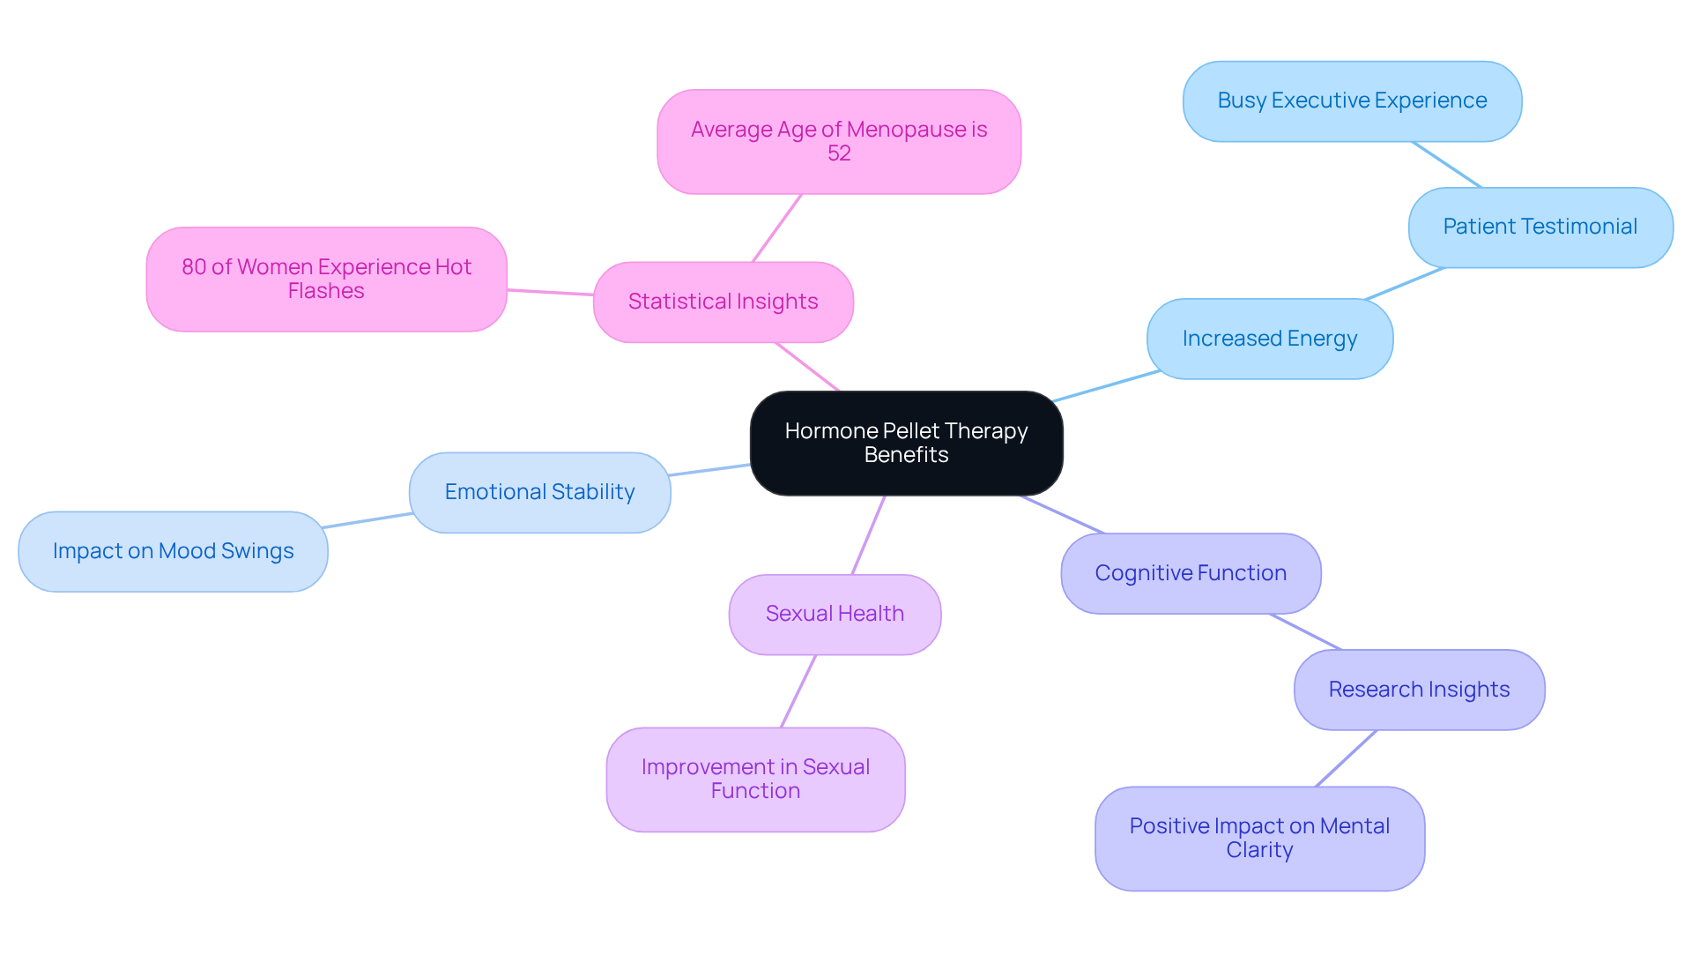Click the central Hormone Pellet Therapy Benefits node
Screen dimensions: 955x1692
(906, 443)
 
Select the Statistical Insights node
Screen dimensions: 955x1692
(723, 302)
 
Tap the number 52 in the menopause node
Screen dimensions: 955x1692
(839, 153)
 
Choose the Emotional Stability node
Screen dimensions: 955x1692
(539, 492)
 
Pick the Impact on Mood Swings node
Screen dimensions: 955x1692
(173, 551)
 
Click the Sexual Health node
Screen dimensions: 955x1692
(835, 614)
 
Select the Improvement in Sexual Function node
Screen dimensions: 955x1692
(755, 779)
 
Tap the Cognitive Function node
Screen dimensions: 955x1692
(1191, 573)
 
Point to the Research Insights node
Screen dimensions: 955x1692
(1419, 690)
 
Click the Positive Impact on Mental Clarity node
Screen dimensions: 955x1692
(1259, 838)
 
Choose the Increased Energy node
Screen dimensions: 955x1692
(1269, 339)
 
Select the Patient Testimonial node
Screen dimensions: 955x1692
(1540, 227)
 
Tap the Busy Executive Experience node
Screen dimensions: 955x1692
(1352, 101)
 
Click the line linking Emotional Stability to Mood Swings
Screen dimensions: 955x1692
(368, 520)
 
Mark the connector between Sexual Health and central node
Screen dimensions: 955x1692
(868, 535)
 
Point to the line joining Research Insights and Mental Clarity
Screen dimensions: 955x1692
(1346, 758)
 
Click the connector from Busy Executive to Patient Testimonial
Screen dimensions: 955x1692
(1446, 164)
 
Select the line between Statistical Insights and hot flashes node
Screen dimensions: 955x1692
(550, 292)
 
